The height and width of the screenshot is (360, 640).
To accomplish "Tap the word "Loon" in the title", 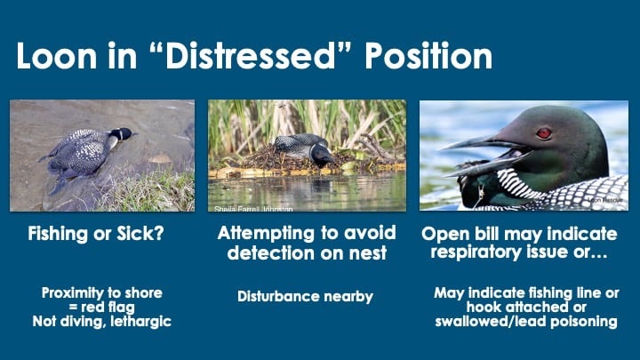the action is coord(56,56).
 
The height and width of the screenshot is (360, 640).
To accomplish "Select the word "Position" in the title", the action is coord(428,56).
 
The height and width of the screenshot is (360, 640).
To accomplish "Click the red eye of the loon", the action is coord(544,133).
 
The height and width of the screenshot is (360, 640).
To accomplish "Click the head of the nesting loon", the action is coord(322,155).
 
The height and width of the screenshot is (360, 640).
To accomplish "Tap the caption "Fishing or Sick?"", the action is coord(96,234).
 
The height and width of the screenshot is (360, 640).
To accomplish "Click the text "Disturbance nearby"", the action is coord(305,296).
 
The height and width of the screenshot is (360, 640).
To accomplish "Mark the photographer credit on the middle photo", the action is coord(253,209).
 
